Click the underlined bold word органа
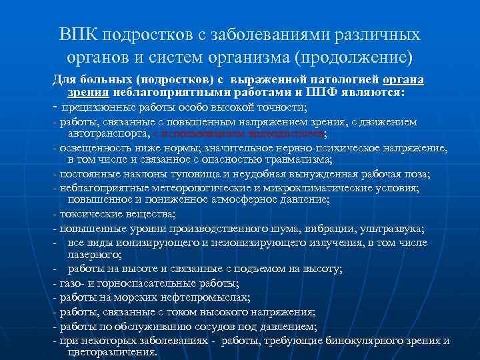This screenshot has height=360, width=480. [x=403, y=79]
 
